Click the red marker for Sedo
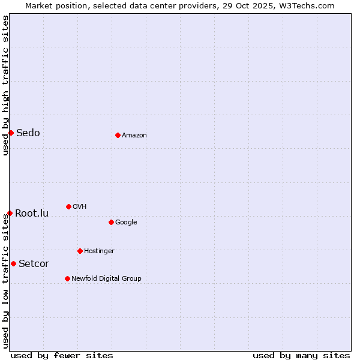point(11,133)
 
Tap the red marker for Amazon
point(118,135)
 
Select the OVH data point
point(68,206)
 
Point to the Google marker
point(111,222)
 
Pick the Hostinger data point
point(80,251)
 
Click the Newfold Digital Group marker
point(67,278)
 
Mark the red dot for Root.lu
point(10,213)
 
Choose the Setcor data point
point(13,263)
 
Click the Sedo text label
point(28,133)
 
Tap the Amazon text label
point(134,135)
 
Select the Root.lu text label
point(32,213)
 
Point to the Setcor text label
point(34,263)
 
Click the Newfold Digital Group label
point(106,278)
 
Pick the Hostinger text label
point(99,251)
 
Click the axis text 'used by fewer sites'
point(62,355)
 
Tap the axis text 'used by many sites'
point(301,355)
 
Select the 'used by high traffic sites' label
point(5,85)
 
